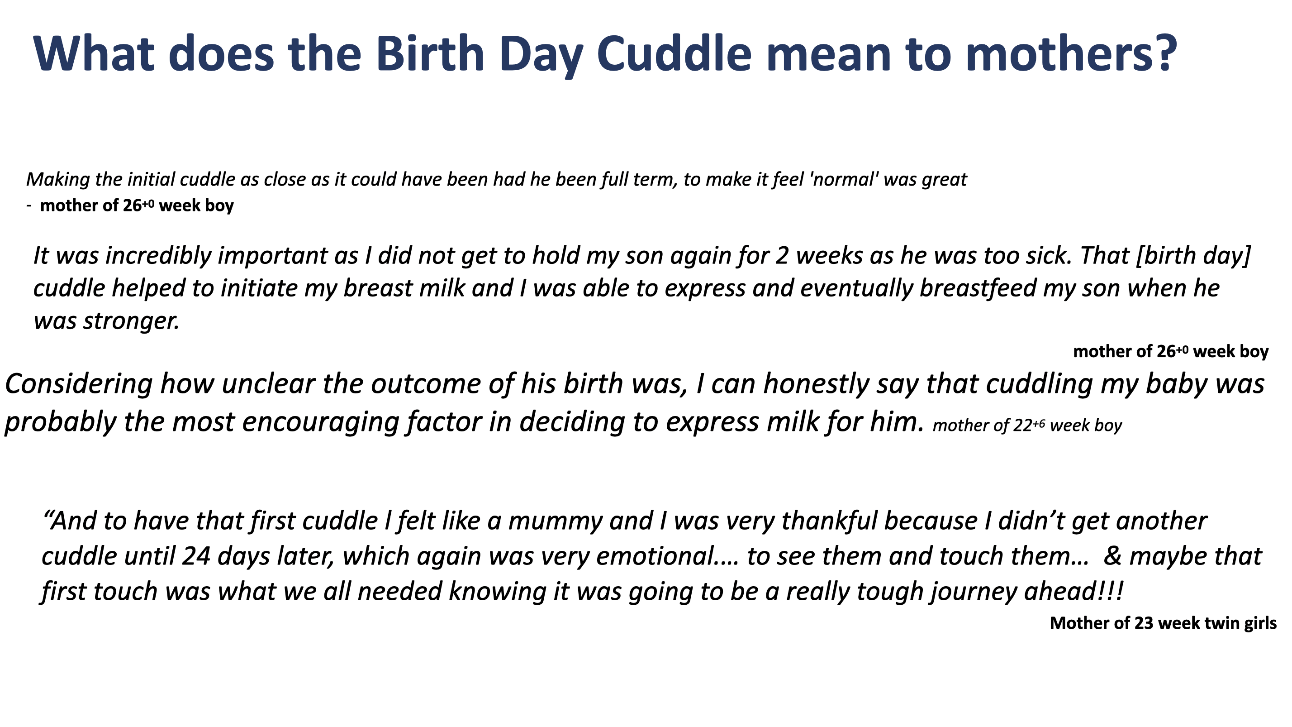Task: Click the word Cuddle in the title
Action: click(674, 53)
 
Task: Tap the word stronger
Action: click(131, 321)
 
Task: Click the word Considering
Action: click(78, 384)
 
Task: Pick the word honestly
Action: click(817, 384)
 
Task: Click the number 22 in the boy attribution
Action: click(1023, 426)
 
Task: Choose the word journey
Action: click(974, 592)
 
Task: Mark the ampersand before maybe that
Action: click(1112, 556)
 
